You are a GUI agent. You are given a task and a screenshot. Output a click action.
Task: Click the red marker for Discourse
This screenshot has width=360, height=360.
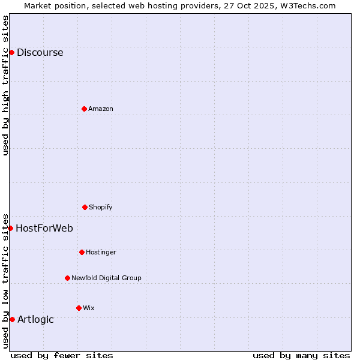point(11,52)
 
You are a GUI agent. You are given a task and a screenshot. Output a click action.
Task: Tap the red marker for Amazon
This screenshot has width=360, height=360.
point(84,109)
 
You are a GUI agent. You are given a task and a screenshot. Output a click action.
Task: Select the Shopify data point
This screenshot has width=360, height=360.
point(85,207)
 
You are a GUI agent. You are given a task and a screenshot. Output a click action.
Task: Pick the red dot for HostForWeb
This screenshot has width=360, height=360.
point(10,228)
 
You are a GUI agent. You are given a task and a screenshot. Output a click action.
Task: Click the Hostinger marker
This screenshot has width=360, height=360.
point(82,252)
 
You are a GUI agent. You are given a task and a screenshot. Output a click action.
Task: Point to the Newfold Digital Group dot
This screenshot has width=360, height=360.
point(67,278)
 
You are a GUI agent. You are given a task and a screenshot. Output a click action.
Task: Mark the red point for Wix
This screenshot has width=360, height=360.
point(79,308)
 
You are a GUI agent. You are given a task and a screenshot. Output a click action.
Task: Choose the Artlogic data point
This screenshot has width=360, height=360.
point(12,319)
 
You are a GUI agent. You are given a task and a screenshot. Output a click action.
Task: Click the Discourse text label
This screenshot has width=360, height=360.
point(40,52)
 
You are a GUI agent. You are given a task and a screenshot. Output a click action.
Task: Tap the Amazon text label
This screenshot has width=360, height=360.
point(101,109)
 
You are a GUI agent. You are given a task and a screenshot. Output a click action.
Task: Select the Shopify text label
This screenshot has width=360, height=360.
point(101,207)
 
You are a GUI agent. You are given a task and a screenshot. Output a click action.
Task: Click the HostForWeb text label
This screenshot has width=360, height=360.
point(44,228)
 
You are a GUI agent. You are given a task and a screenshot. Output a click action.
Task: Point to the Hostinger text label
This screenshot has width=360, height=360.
point(101,252)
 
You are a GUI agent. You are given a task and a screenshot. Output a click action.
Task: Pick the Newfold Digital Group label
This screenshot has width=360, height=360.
point(106,278)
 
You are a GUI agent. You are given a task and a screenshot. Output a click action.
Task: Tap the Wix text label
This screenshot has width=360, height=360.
point(89,308)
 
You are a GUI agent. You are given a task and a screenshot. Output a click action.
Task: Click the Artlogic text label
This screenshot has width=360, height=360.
point(35,319)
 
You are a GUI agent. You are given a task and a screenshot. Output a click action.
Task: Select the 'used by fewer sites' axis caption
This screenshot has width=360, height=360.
point(62,355)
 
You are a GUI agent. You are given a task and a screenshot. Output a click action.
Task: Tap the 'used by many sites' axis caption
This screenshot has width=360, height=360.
point(301,355)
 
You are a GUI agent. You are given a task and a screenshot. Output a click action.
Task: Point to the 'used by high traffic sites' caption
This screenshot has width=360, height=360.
point(5,85)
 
